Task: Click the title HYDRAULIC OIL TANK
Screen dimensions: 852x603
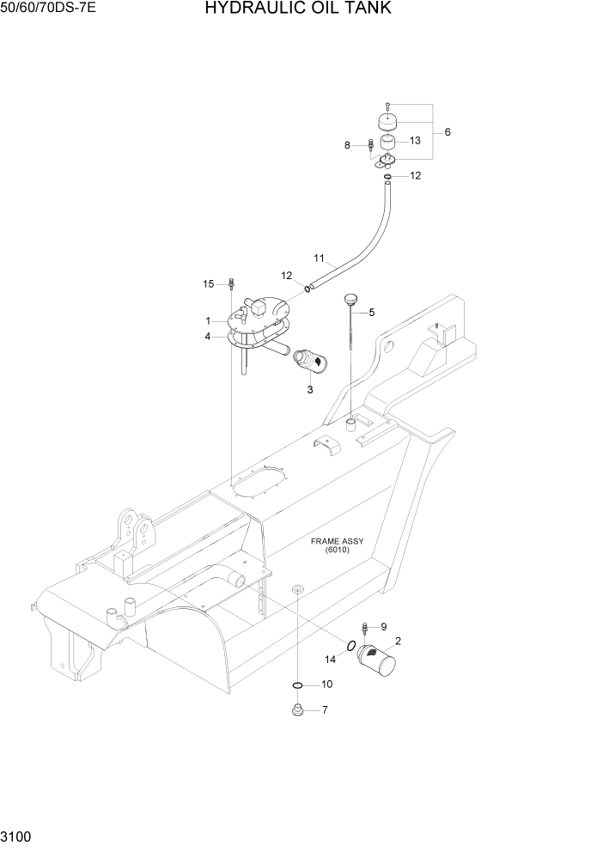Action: (298, 9)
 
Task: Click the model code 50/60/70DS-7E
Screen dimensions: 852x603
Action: (48, 9)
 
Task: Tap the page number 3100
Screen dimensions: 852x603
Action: (16, 834)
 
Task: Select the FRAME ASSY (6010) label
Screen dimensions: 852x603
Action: (338, 545)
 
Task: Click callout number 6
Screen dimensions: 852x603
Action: (447, 132)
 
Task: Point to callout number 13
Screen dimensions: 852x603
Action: (415, 140)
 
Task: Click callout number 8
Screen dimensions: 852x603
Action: (348, 145)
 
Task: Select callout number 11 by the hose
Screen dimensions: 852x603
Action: (319, 258)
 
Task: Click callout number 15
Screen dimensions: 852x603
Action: (208, 284)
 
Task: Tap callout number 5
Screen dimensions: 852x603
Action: (371, 313)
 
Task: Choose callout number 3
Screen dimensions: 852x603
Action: (310, 389)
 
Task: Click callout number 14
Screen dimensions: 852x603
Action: (332, 659)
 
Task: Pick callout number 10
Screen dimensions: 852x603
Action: (326, 685)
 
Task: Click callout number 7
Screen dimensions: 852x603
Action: (325, 710)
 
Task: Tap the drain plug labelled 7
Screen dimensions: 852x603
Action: (297, 710)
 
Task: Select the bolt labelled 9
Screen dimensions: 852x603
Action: (366, 629)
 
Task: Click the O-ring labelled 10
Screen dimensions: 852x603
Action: (297, 685)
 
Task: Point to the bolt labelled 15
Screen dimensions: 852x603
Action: (232, 284)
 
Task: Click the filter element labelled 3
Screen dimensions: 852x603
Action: (308, 361)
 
